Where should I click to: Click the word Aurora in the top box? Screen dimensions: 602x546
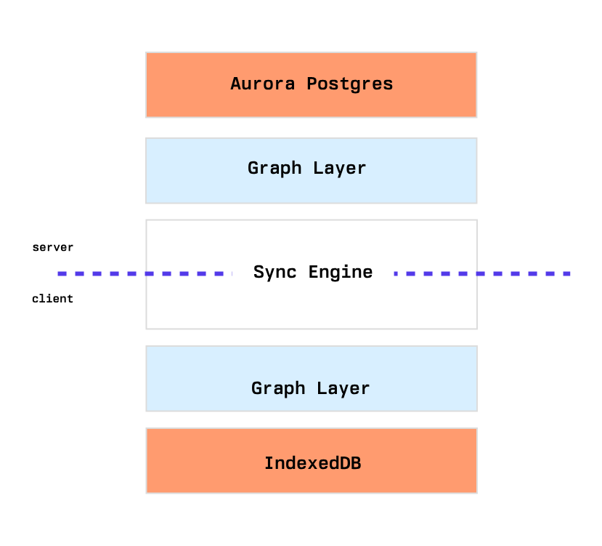[263, 84]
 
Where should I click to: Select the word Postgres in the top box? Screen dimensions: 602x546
[350, 84]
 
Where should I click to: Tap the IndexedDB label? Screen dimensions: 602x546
[313, 463]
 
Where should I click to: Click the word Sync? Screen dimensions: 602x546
[275, 272]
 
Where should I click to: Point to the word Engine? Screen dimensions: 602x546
[341, 272]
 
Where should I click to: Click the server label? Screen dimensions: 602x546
[52, 247]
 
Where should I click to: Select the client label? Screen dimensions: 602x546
[52, 298]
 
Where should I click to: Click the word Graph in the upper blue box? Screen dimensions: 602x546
[274, 169]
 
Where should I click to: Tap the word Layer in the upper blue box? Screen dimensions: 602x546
[339, 169]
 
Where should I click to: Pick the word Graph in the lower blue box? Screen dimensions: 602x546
[278, 388]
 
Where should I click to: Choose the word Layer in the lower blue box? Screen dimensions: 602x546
[343, 388]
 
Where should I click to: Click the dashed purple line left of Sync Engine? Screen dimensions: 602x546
[145, 274]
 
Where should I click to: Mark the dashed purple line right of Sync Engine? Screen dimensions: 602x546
[482, 274]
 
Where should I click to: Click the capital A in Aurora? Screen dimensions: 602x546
[235, 84]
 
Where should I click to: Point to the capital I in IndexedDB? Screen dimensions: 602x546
[269, 463]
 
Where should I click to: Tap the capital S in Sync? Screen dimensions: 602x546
[259, 272]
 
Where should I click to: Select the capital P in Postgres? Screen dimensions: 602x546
[312, 84]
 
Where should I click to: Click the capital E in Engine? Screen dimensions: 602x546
[313, 272]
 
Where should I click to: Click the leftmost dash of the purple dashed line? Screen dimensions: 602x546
[62, 274]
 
